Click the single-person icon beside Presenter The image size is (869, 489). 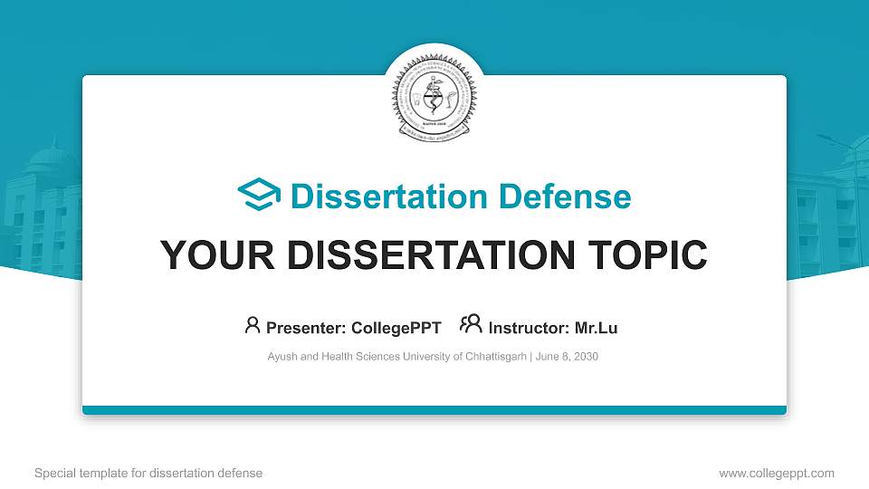253,325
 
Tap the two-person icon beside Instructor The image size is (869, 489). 471,324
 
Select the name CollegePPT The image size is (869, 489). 396,327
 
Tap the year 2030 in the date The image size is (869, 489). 585,357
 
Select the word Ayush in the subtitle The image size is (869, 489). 282,357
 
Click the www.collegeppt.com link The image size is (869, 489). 776,473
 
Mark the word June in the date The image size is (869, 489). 547,357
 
